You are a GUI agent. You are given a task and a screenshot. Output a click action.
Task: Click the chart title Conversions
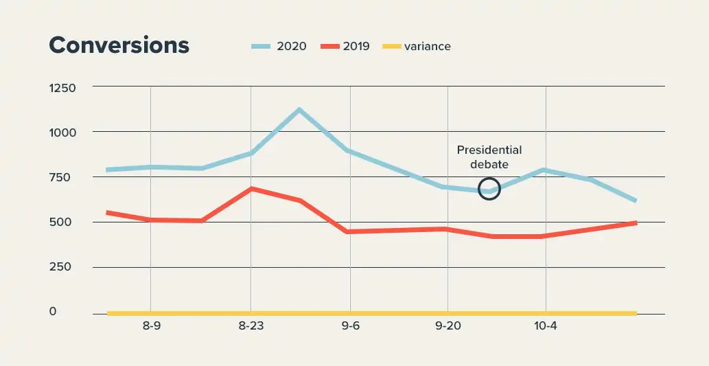[x=119, y=45]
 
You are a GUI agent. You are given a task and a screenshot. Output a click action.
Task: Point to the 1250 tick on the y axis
[x=62, y=87]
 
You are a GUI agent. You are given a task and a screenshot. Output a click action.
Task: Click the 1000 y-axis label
[x=62, y=132]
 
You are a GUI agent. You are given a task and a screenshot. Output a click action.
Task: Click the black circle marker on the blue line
[x=489, y=188]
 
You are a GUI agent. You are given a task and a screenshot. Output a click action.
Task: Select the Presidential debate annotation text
[x=489, y=157]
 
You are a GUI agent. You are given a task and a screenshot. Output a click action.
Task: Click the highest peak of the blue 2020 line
[x=299, y=109]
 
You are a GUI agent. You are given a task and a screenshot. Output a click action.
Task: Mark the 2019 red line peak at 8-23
[x=251, y=188]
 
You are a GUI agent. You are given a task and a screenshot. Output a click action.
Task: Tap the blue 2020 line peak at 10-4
[x=544, y=170]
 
